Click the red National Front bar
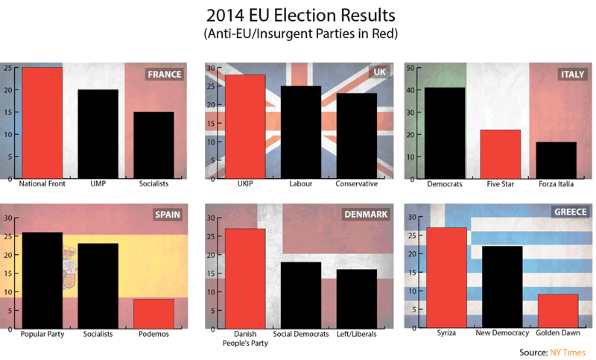tap(42, 123)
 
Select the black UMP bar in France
tap(98, 134)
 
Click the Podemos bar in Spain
tap(153, 314)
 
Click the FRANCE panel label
tap(165, 75)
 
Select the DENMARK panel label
tap(365, 215)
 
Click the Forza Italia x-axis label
tap(557, 184)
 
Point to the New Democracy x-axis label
tap(502, 334)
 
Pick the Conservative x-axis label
tap(356, 184)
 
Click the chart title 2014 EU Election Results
tap(298, 16)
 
